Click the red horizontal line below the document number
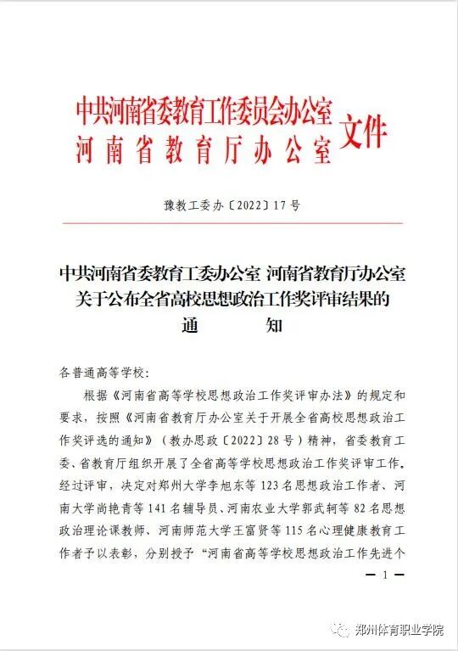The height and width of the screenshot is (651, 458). point(229,223)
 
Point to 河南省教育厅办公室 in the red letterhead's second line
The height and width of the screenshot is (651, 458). point(204,149)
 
